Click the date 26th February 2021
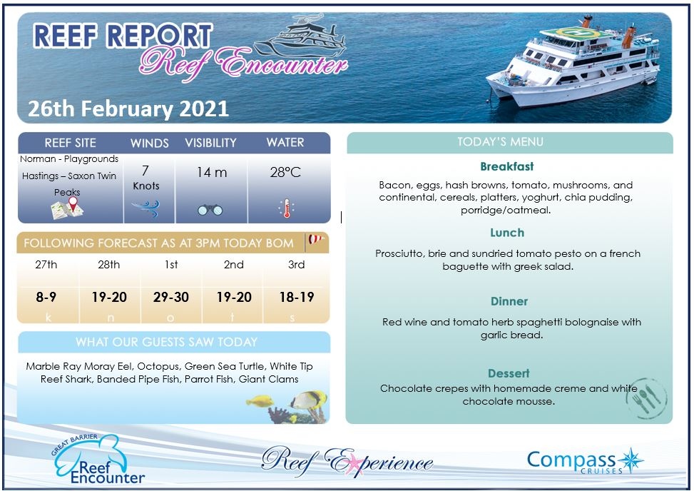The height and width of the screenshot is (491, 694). pyautogui.click(x=128, y=108)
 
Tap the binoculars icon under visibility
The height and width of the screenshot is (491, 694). pyautogui.click(x=210, y=210)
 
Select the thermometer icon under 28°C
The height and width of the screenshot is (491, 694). pyautogui.click(x=286, y=208)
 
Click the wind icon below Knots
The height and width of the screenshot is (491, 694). pyautogui.click(x=146, y=208)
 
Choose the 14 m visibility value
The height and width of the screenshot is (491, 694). pyautogui.click(x=211, y=172)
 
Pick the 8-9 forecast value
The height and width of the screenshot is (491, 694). pyautogui.click(x=46, y=297)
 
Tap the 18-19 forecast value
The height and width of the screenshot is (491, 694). pyautogui.click(x=297, y=297)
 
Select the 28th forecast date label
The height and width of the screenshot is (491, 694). pyautogui.click(x=108, y=264)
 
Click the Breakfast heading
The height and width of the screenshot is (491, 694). pyautogui.click(x=506, y=166)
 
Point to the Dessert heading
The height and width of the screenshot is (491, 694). pyautogui.click(x=509, y=373)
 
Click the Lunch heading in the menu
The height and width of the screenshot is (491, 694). pyautogui.click(x=506, y=233)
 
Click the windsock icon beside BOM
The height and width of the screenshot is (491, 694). pyautogui.click(x=315, y=241)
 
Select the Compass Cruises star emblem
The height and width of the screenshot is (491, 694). pyautogui.click(x=631, y=460)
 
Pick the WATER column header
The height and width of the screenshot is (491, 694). pyautogui.click(x=285, y=143)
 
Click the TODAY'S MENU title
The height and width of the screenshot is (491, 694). pyautogui.click(x=500, y=142)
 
